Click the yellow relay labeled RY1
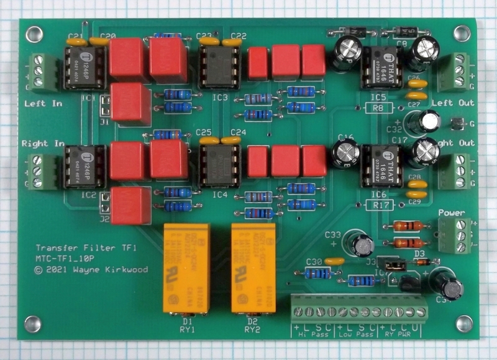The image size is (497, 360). [185, 268]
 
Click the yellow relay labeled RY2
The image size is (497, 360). [253, 268]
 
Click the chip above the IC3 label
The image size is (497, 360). [219, 67]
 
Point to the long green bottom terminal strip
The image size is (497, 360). [359, 308]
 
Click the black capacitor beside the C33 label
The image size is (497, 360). [363, 244]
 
